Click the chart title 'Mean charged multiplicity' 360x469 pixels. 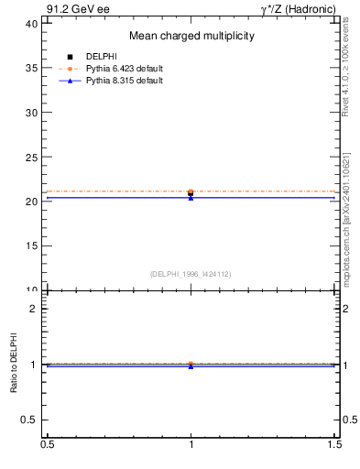tap(191, 36)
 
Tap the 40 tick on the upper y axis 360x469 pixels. tap(32, 24)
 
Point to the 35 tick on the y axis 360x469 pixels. tap(32, 68)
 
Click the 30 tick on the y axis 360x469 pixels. tap(32, 113)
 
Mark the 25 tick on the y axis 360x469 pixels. tap(32, 157)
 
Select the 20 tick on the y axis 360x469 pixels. tap(32, 202)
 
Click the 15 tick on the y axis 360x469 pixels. tap(32, 245)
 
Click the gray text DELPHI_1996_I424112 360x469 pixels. tap(191, 273)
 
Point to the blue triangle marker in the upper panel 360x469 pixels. tap(191, 198)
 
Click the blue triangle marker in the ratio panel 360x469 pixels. tap(191, 366)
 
